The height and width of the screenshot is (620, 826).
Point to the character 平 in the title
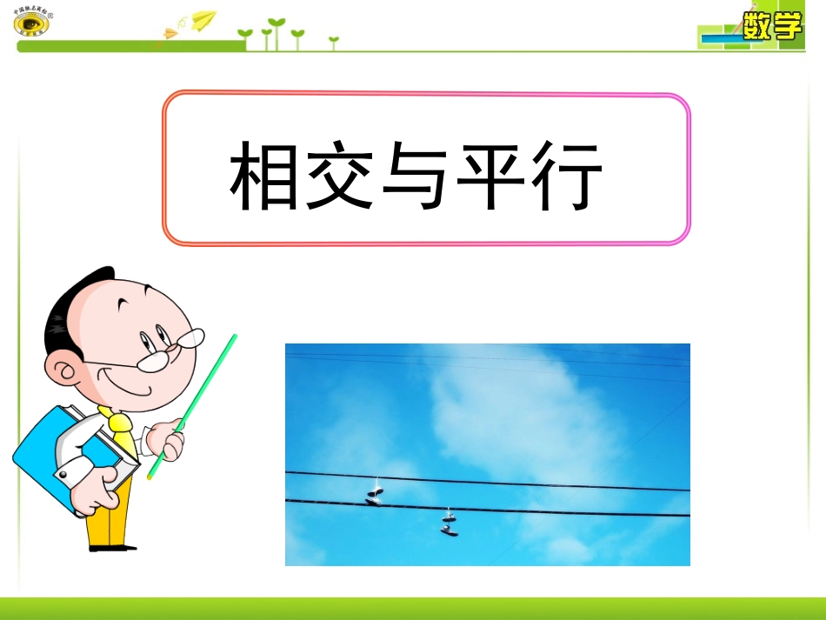[x=491, y=177]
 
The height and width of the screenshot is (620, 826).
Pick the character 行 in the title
[x=566, y=177]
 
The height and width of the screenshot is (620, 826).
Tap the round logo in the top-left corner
[x=31, y=23]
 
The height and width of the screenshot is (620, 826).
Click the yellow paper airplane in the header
[x=203, y=19]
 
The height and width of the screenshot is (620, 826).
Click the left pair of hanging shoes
[x=375, y=495]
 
